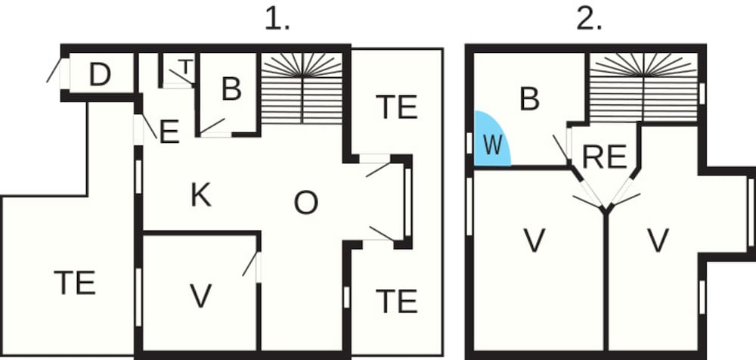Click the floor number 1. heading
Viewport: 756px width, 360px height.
277,20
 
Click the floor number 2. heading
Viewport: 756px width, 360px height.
589,20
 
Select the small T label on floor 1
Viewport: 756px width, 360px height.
185,67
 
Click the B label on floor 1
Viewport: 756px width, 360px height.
231,89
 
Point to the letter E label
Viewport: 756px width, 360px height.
169,133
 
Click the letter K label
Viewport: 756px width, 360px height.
200,196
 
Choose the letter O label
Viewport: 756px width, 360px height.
305,203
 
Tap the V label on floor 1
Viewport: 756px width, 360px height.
200,296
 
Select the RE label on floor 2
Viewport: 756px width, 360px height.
606,157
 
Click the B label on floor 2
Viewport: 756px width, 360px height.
530,98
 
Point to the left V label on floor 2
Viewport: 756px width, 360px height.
534,241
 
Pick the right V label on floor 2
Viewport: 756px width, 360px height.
658,241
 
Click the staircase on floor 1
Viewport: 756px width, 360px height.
302,88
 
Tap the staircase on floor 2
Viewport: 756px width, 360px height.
643,86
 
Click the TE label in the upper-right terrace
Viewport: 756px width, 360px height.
396,107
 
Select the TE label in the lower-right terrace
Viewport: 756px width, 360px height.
396,302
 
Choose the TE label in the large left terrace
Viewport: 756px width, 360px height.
76,283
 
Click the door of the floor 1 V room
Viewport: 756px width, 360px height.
250,265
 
